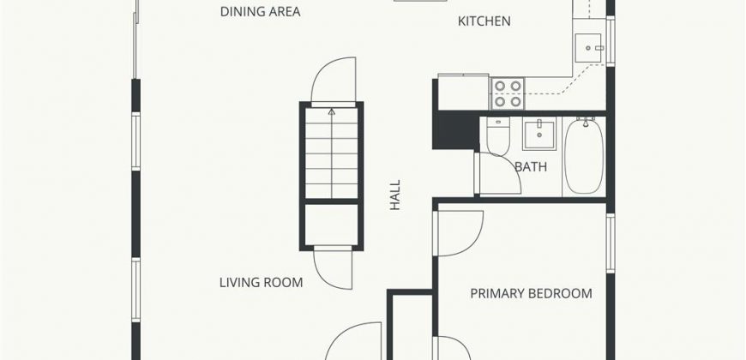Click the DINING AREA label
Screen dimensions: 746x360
[261, 11]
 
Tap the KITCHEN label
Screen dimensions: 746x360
[484, 21]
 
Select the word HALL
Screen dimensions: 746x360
[395, 195]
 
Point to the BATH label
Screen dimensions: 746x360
[531, 167]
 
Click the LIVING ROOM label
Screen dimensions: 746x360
[262, 283]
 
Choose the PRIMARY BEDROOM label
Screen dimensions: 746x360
[532, 293]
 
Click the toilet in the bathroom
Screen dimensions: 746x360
[498, 136]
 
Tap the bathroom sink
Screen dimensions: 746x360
[539, 135]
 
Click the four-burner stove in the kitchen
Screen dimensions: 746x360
[508, 93]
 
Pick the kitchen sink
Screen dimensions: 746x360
[589, 48]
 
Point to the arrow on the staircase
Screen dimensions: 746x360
[332, 153]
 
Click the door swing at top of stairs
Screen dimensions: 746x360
[334, 80]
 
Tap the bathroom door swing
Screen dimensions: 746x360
[499, 174]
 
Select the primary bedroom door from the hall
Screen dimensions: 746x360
[460, 233]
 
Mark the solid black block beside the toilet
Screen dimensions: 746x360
[455, 130]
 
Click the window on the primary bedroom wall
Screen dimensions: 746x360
[611, 243]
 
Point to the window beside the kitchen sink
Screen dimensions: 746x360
[611, 41]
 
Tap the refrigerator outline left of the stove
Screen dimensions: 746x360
[464, 93]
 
